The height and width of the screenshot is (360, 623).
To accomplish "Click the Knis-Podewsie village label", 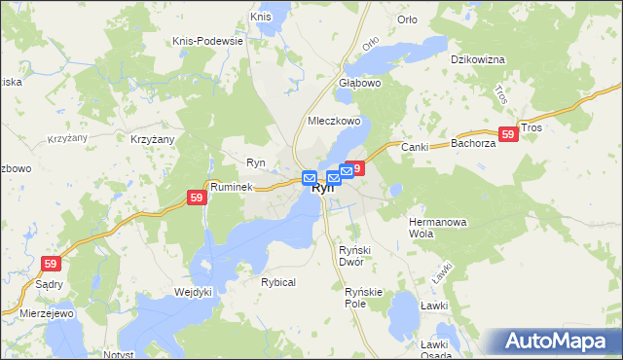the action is [x=206, y=41].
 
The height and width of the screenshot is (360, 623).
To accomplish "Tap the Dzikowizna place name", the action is [x=477, y=59].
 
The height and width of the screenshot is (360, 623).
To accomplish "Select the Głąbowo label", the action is [x=359, y=83].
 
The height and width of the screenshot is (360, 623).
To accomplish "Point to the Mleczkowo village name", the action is [x=334, y=122].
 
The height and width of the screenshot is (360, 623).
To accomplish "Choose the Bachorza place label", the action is [x=474, y=144].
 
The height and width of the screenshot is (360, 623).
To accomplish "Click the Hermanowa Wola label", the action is [x=437, y=228].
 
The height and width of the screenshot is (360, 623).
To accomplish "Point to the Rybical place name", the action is [x=277, y=282].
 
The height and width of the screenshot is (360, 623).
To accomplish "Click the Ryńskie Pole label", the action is [x=366, y=297].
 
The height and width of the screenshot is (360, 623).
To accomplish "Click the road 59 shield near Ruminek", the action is [x=197, y=198].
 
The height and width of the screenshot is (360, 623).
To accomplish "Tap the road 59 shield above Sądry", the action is [x=52, y=263].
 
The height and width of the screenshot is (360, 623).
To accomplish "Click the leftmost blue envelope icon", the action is [x=310, y=179].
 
